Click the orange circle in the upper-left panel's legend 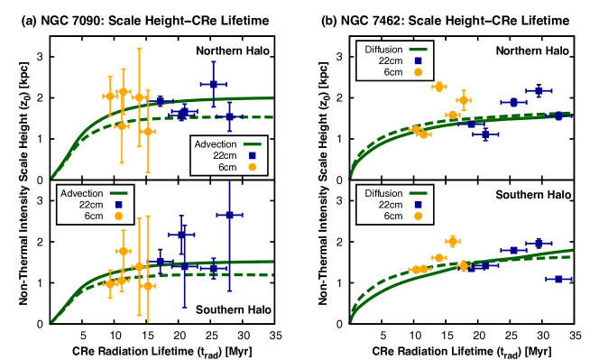click(252, 167)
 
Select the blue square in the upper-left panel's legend click(252, 156)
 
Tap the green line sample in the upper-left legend click(252, 144)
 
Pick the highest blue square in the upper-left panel click(213, 84)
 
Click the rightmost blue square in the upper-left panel click(229, 116)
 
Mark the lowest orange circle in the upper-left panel click(147, 131)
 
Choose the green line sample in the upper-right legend click(418, 50)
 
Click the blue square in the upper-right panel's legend click(418, 61)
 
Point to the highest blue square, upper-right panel click(539, 91)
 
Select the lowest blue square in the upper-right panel click(485, 134)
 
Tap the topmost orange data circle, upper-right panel click(439, 87)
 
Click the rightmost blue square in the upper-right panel click(558, 115)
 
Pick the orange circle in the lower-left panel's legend click(118, 217)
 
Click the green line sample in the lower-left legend click(118, 193)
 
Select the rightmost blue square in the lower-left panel click(229, 215)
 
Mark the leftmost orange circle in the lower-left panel click(110, 283)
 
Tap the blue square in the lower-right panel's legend click(418, 206)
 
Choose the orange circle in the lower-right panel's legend click(418, 217)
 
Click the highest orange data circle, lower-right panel click(453, 241)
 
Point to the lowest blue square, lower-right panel click(558, 279)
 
